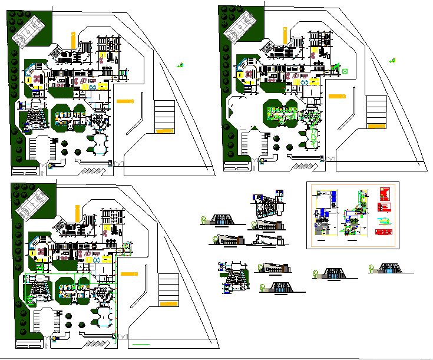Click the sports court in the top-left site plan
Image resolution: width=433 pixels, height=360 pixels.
(x=29, y=29)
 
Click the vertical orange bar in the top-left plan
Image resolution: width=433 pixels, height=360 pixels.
(x=72, y=40)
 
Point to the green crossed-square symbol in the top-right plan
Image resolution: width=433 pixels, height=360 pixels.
(x=345, y=71)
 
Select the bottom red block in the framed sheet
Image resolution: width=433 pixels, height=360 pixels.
(x=384, y=207)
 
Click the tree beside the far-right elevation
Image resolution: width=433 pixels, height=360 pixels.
(x=372, y=270)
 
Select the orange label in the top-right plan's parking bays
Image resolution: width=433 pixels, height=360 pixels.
(x=375, y=125)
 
